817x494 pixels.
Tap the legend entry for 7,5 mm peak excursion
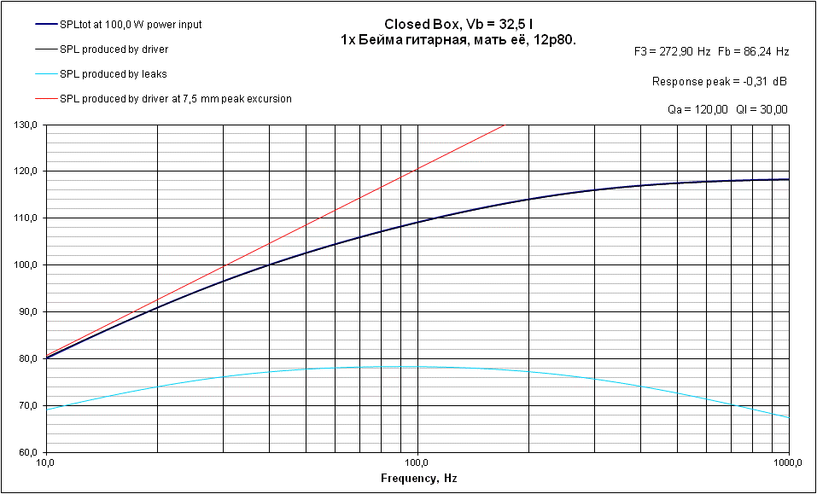[x=176, y=99]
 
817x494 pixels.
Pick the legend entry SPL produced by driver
[x=114, y=49]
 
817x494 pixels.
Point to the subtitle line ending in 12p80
[x=458, y=39]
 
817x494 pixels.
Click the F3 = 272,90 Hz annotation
[x=673, y=52]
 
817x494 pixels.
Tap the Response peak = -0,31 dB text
[x=719, y=82]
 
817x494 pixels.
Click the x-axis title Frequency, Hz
[x=418, y=479]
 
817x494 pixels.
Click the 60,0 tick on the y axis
[x=29, y=452]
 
